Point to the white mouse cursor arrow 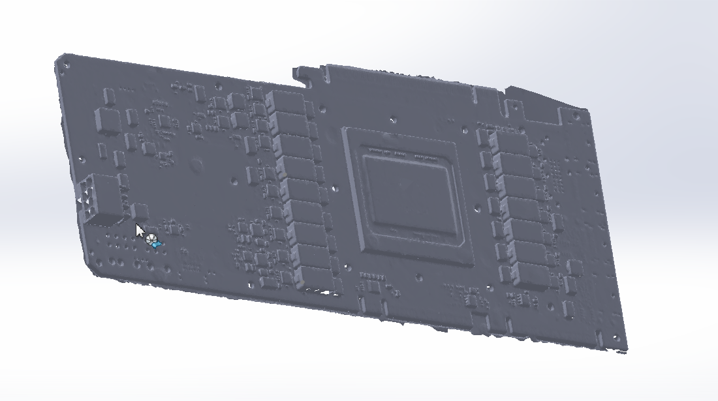[140, 231]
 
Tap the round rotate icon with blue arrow [153, 241]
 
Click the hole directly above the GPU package [392, 120]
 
